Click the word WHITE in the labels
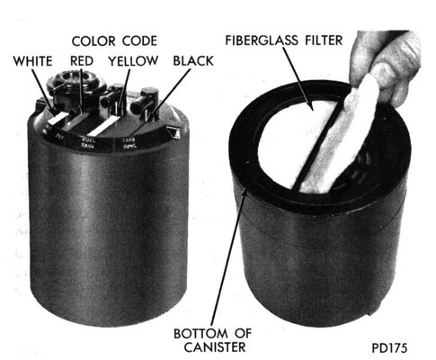click(x=31, y=61)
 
